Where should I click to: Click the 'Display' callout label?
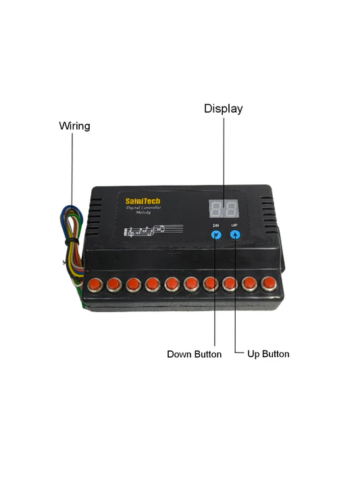tap(223, 109)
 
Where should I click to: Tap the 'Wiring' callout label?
tap(74, 126)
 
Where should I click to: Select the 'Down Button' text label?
tap(194, 354)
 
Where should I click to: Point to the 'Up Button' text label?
tap(268, 354)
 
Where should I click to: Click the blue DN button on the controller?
tap(215, 236)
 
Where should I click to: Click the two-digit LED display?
tap(223, 209)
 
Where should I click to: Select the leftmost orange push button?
tap(94, 283)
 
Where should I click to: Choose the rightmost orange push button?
tap(269, 282)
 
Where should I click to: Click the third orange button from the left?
tap(133, 283)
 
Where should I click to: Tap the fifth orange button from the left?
tap(172, 283)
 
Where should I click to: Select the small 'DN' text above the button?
tap(215, 224)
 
